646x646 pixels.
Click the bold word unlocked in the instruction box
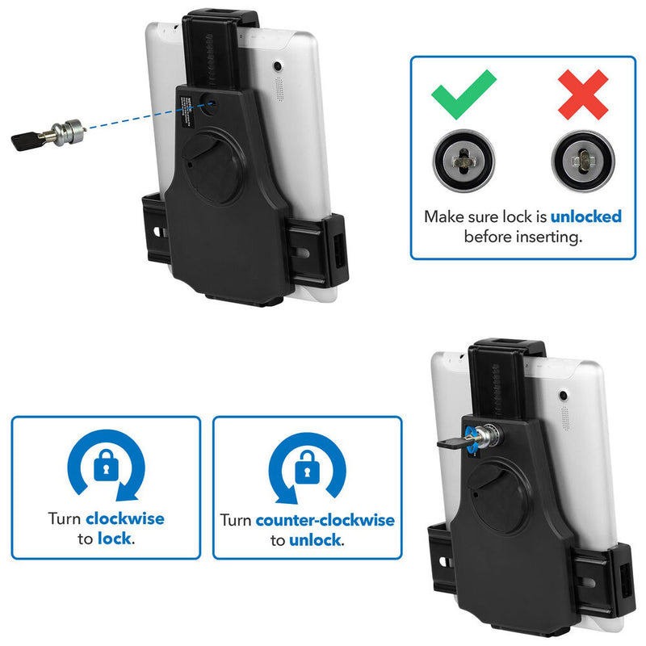586,216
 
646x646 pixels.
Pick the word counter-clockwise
325,519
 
